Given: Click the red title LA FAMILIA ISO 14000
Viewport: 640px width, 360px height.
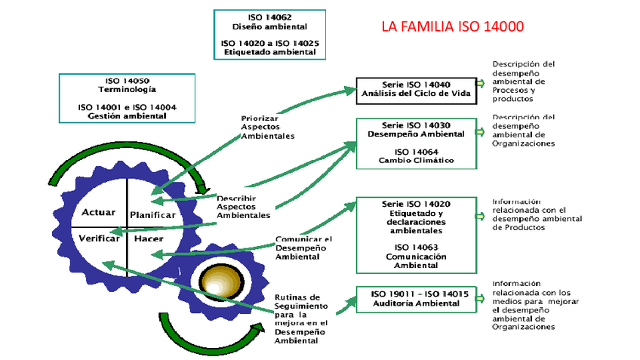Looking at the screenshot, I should [453, 27].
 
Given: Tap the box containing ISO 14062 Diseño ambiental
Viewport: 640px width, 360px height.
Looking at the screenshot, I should [269, 34].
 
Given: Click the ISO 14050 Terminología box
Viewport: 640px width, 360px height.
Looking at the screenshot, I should [127, 98].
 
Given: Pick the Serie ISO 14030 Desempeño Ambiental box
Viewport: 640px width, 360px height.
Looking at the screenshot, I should [416, 143].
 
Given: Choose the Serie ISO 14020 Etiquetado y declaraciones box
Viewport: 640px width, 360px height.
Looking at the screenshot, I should [416, 234].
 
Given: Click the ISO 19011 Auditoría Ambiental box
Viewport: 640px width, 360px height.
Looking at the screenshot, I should [416, 298].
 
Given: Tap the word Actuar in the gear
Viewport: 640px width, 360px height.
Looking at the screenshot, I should [98, 212].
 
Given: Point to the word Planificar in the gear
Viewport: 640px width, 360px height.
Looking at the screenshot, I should [152, 215].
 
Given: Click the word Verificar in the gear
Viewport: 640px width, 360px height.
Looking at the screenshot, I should [99, 238].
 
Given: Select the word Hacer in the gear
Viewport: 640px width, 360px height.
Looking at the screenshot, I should [149, 238].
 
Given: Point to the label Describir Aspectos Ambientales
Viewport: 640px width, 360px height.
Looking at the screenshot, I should [242, 206].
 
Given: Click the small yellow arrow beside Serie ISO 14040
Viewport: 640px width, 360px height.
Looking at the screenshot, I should [480, 84].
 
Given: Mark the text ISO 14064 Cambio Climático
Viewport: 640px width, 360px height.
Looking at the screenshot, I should [416, 155].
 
